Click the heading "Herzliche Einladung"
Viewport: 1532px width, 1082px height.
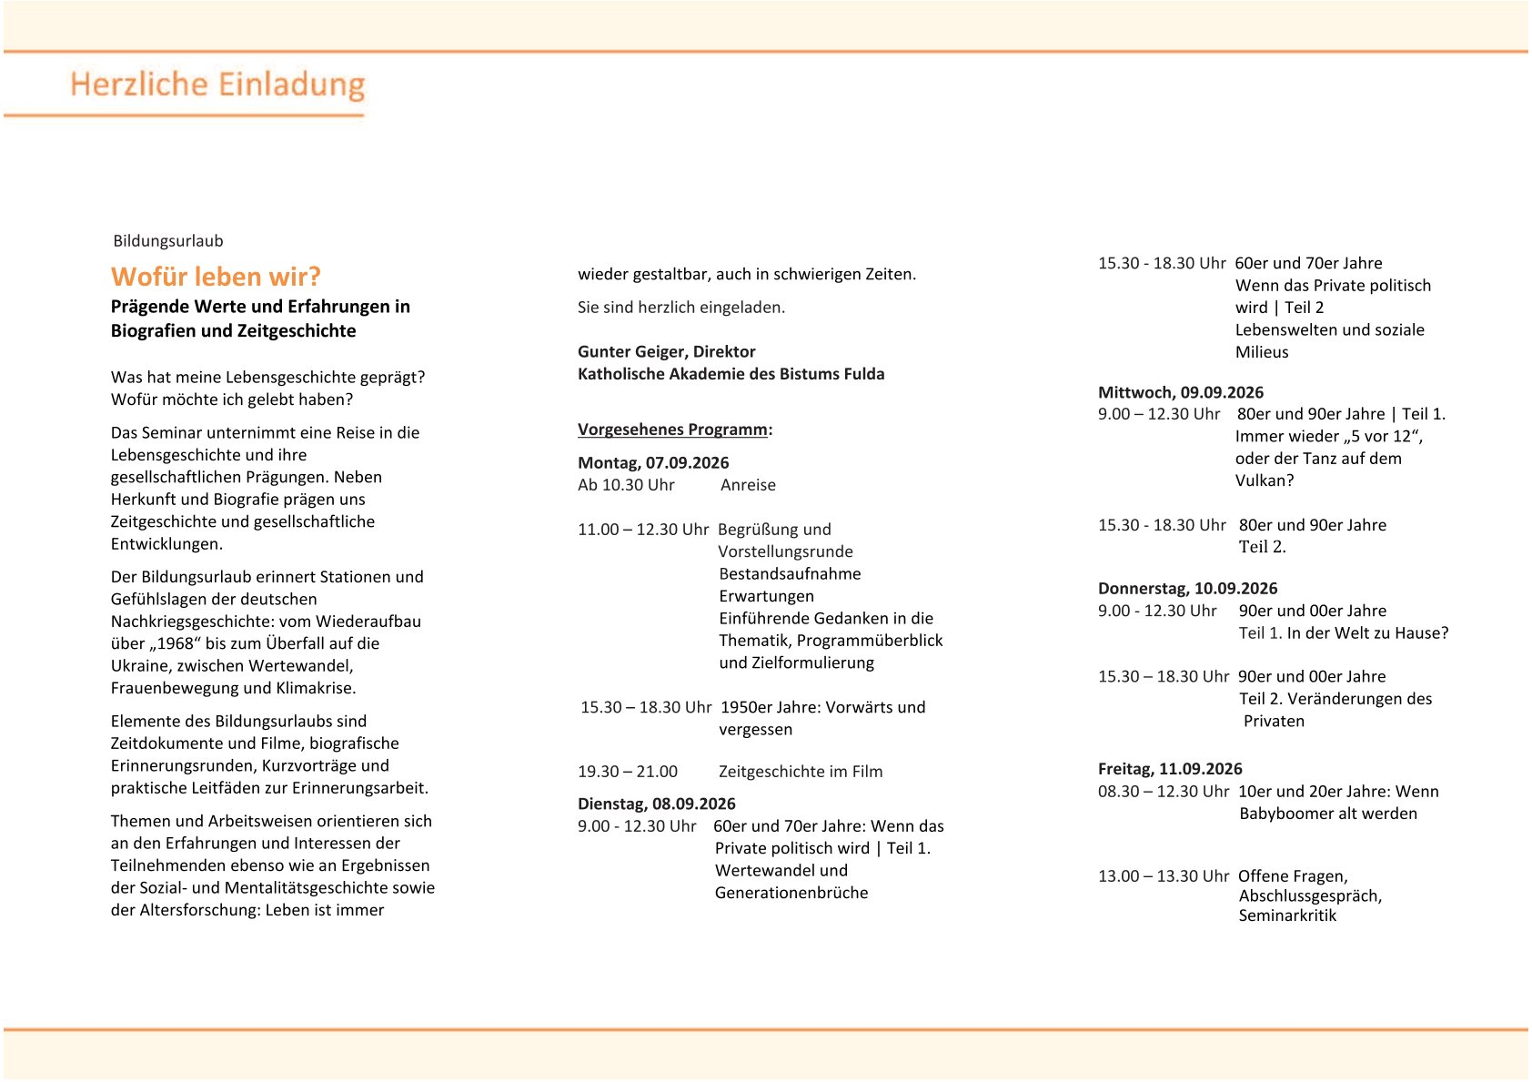click(x=217, y=85)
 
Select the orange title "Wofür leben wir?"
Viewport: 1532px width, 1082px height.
click(x=216, y=277)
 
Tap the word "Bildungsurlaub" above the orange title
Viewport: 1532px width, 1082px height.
click(x=167, y=241)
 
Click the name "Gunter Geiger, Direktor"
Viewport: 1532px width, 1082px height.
click(x=666, y=351)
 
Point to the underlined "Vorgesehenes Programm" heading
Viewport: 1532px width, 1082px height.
click(x=672, y=430)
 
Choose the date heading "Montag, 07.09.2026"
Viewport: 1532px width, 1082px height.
click(x=653, y=462)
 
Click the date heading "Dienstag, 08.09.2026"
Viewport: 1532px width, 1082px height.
click(x=656, y=804)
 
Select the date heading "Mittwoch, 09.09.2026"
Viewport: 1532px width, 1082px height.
click(x=1180, y=392)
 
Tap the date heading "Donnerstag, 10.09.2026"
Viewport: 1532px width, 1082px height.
click(x=1187, y=588)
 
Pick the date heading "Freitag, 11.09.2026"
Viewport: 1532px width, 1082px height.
click(x=1169, y=769)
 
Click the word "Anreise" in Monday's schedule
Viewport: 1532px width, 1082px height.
click(x=748, y=485)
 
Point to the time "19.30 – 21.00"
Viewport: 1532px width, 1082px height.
click(x=628, y=772)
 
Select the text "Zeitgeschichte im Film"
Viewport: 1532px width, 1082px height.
click(x=801, y=772)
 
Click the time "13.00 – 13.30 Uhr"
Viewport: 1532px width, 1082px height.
click(x=1163, y=876)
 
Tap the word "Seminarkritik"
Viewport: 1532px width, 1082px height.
click(x=1287, y=915)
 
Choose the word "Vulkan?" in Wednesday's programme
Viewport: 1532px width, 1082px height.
click(x=1264, y=480)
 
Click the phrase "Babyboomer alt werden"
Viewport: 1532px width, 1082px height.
click(x=1327, y=814)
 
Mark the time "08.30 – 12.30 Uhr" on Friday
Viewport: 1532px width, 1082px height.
click(x=1163, y=792)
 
